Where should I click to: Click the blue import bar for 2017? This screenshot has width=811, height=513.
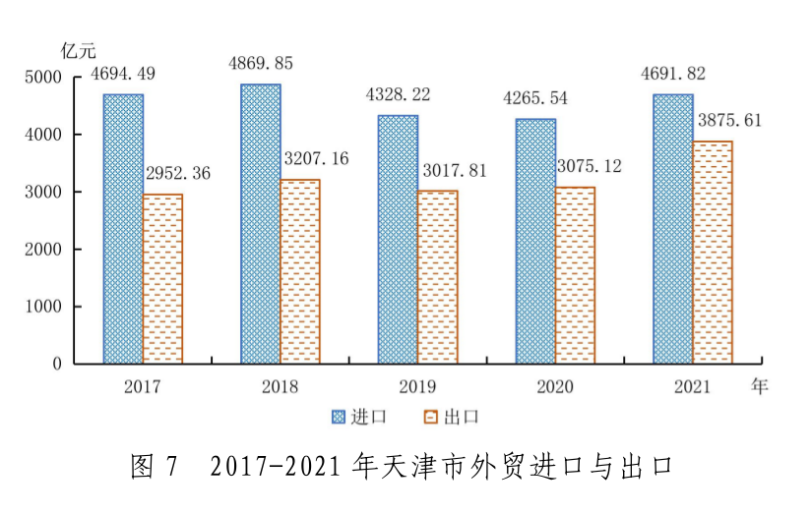123,229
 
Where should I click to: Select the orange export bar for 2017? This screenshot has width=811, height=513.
162,279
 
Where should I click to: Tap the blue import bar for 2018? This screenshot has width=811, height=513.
260,224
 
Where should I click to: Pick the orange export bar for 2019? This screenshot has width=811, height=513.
437,277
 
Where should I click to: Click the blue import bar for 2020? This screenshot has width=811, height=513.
535,241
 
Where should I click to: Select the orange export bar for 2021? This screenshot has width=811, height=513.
713,253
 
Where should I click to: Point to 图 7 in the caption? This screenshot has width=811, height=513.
153,467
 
